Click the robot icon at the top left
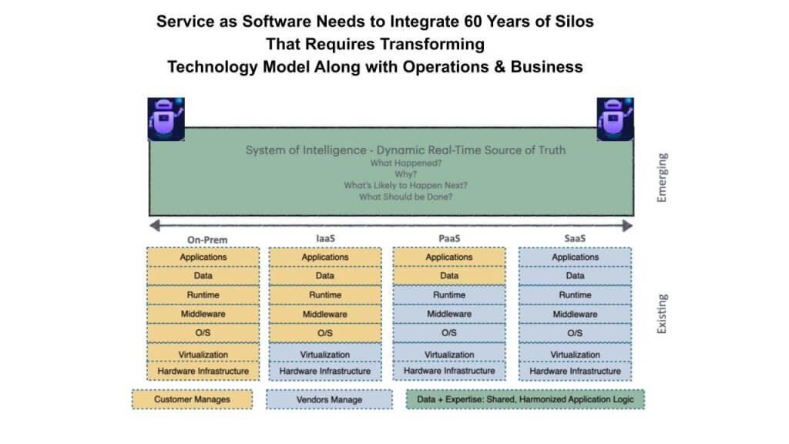(x=166, y=119)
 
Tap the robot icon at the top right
(x=615, y=119)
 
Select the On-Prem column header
(x=207, y=240)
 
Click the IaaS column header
(x=326, y=238)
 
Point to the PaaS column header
(x=449, y=238)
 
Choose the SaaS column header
(x=575, y=238)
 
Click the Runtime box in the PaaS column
(x=449, y=295)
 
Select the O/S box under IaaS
(x=325, y=333)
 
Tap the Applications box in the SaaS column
(x=575, y=257)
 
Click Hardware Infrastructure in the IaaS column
(x=325, y=371)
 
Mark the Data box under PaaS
(x=449, y=276)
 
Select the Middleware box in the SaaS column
(x=575, y=314)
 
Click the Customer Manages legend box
(x=192, y=399)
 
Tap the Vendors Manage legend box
(x=329, y=400)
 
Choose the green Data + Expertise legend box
(x=525, y=399)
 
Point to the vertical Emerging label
(x=662, y=178)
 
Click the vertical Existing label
(x=662, y=314)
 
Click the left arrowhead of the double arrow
(x=155, y=226)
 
